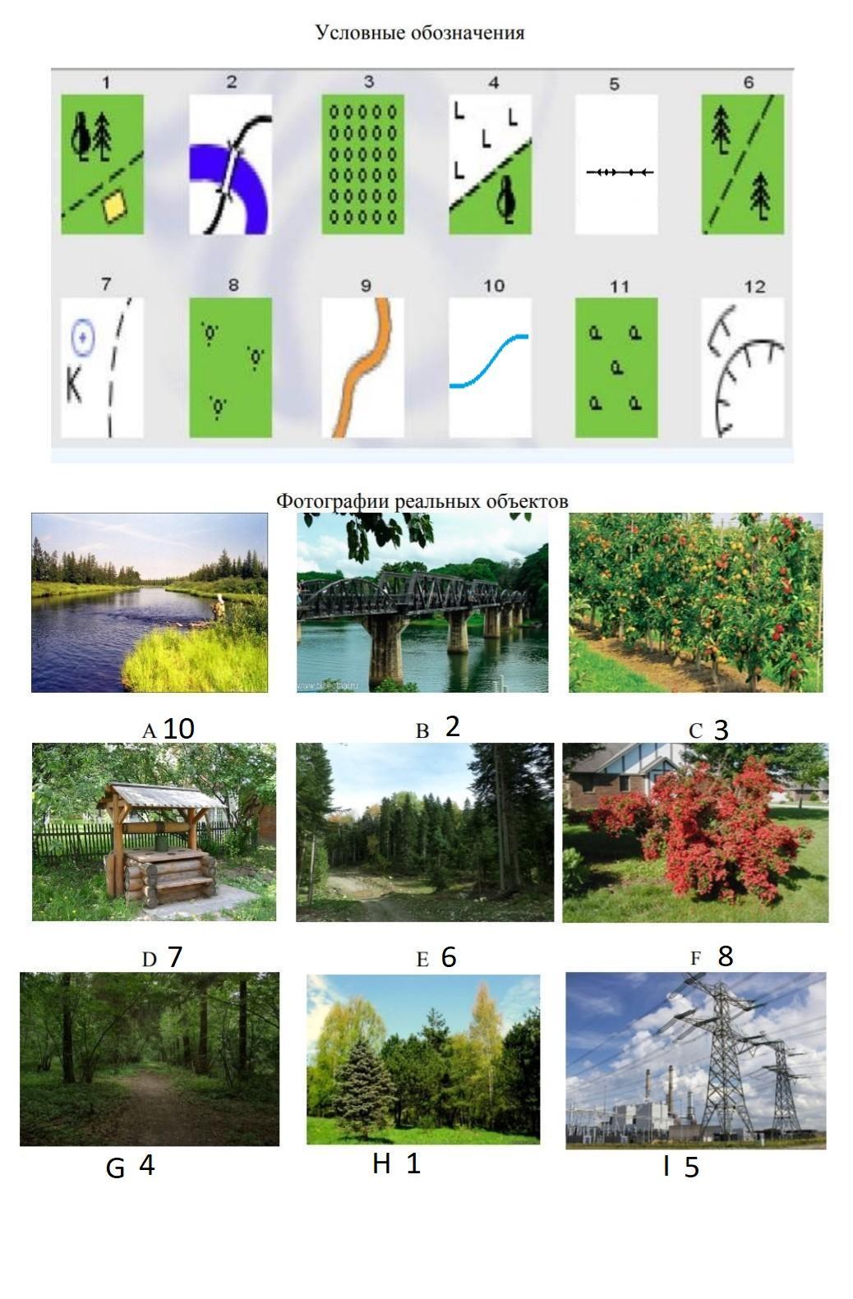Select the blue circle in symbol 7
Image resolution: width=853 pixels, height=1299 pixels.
coord(83,337)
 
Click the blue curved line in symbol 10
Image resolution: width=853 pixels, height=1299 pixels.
coord(490,360)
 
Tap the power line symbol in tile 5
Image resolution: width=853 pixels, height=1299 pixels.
coord(620,173)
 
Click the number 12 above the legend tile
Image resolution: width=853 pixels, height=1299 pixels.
coord(755,286)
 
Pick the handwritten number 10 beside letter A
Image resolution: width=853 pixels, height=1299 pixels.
coord(178,729)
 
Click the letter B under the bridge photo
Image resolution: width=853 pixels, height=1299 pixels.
coord(422,730)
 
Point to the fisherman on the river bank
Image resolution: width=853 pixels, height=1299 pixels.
coord(219,607)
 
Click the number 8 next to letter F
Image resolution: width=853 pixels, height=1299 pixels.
coord(726,956)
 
